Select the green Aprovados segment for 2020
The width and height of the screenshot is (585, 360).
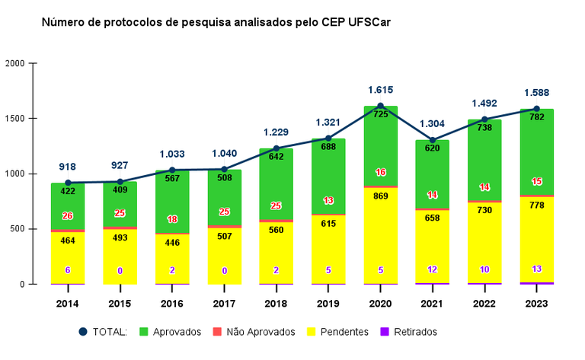(x=381, y=145)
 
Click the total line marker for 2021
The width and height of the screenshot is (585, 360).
(x=433, y=140)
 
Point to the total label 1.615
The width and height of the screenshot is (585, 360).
(x=381, y=90)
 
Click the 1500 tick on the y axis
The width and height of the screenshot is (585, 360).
(x=15, y=119)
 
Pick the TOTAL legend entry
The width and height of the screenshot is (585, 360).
(x=103, y=332)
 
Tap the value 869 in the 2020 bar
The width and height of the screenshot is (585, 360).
(x=381, y=195)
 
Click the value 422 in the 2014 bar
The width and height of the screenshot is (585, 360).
(x=68, y=191)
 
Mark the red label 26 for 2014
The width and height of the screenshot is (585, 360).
(x=68, y=216)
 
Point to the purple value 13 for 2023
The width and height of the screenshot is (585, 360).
(x=537, y=269)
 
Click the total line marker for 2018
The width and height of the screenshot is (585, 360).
(x=277, y=148)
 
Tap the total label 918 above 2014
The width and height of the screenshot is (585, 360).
(x=68, y=167)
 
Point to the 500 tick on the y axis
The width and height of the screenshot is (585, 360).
(x=18, y=229)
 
